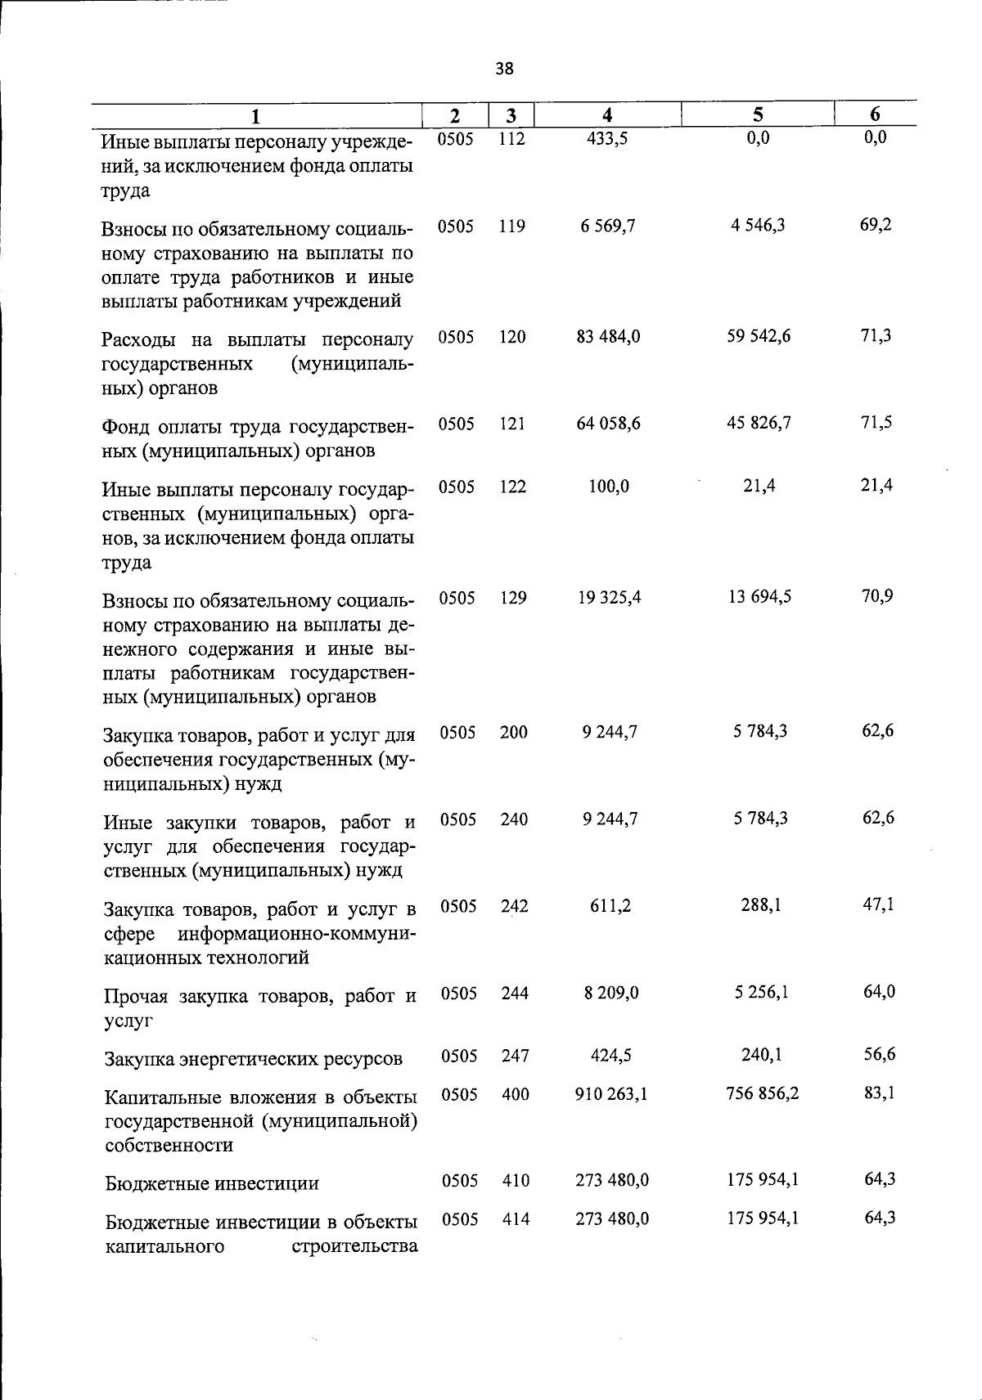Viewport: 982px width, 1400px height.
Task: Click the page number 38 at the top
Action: [504, 70]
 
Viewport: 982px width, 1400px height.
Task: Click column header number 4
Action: [606, 115]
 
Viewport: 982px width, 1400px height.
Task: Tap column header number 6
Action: [875, 114]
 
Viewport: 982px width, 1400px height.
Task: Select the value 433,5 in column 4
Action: [607, 139]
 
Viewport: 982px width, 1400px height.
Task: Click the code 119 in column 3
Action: [511, 227]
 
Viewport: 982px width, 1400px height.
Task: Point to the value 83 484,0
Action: [608, 336]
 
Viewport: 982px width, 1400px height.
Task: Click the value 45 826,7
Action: [759, 423]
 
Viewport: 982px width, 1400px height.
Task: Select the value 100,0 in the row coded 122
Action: [609, 487]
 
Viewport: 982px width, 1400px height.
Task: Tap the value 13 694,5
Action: [759, 597]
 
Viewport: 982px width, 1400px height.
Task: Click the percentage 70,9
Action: [876, 596]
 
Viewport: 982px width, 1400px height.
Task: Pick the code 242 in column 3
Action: [515, 906]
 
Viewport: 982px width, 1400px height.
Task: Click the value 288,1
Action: [761, 905]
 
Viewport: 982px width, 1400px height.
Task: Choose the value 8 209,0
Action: [611, 993]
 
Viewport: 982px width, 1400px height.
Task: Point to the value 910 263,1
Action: [611, 1093]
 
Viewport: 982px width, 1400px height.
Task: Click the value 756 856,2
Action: [762, 1093]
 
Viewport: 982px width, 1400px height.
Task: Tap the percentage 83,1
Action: [879, 1092]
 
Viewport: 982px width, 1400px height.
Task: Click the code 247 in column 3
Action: [515, 1056]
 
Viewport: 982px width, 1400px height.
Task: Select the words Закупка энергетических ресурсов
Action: [254, 1059]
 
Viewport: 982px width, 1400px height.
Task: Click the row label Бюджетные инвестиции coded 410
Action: [212, 1183]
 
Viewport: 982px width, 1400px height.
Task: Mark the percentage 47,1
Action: [878, 904]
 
